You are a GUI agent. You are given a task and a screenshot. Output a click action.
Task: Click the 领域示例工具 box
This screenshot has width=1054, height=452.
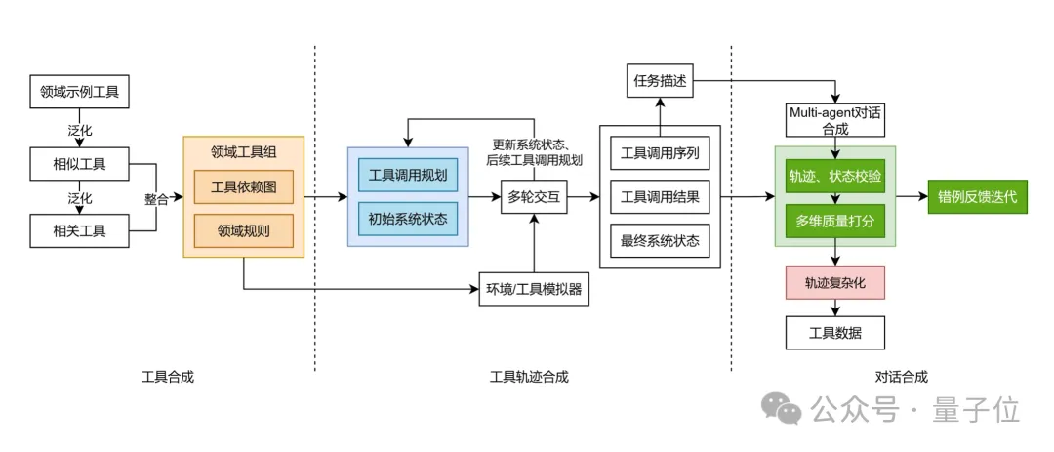click(x=79, y=94)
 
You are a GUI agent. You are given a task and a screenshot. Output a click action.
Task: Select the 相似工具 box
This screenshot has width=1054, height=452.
click(x=79, y=163)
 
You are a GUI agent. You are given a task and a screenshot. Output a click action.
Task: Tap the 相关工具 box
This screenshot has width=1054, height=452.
click(x=79, y=231)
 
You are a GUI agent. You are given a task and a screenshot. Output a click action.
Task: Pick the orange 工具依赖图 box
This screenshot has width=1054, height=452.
click(x=244, y=187)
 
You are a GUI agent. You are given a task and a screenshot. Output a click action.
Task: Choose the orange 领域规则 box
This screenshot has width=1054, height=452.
click(x=244, y=230)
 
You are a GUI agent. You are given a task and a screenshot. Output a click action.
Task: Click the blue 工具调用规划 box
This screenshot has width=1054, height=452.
click(x=408, y=176)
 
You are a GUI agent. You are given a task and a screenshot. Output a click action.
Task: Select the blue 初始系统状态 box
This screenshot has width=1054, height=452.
click(x=408, y=218)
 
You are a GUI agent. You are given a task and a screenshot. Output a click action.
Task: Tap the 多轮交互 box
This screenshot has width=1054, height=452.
click(x=534, y=197)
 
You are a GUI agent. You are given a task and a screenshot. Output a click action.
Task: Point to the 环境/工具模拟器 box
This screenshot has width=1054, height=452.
click(x=534, y=288)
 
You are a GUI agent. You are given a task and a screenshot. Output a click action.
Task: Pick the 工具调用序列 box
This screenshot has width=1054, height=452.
click(x=660, y=153)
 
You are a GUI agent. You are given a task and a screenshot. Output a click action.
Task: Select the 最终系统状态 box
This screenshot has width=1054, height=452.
click(x=660, y=240)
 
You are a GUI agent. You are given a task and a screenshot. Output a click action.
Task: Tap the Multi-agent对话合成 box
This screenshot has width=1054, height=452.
click(x=834, y=119)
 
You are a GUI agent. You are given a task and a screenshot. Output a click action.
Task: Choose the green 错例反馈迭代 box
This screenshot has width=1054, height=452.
click(x=977, y=196)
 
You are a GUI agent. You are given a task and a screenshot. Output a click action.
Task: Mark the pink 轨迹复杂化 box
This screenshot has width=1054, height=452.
click(x=834, y=283)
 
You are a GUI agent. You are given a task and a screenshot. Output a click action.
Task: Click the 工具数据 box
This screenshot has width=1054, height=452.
click(x=834, y=333)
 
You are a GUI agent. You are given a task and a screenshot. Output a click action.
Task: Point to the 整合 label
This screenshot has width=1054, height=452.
click(x=156, y=198)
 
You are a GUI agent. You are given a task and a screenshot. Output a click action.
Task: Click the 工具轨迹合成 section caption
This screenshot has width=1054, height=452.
click(x=528, y=377)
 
